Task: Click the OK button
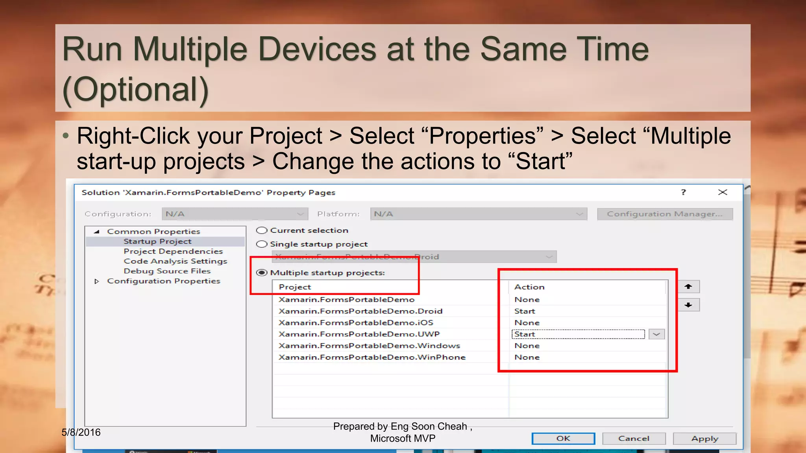[563, 438]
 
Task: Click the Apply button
[704, 438]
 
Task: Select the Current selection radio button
[262, 230]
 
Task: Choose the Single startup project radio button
[262, 244]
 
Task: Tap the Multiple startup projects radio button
[262, 273]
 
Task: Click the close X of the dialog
[723, 192]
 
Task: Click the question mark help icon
[684, 192]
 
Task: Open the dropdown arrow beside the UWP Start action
[656, 334]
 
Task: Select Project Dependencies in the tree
[173, 251]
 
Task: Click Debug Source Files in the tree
[167, 271]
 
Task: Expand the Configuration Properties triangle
[97, 281]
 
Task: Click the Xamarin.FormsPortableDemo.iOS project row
[356, 322]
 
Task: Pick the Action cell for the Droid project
[525, 311]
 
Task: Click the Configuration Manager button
[665, 214]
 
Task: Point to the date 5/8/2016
[81, 433]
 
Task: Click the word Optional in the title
[136, 90]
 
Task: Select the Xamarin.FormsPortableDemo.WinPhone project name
[372, 357]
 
